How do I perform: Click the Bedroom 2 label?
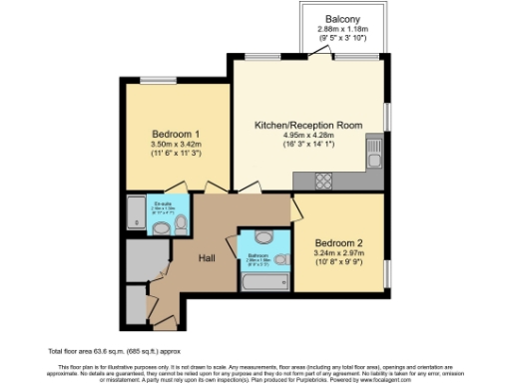tap(338, 242)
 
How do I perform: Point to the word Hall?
tap(208, 258)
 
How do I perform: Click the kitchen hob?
tap(324, 180)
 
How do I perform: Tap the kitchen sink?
tap(373, 157)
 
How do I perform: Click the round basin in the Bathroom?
tap(263, 236)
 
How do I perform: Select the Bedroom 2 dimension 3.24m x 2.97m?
tap(338, 254)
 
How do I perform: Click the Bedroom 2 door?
tap(295, 207)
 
